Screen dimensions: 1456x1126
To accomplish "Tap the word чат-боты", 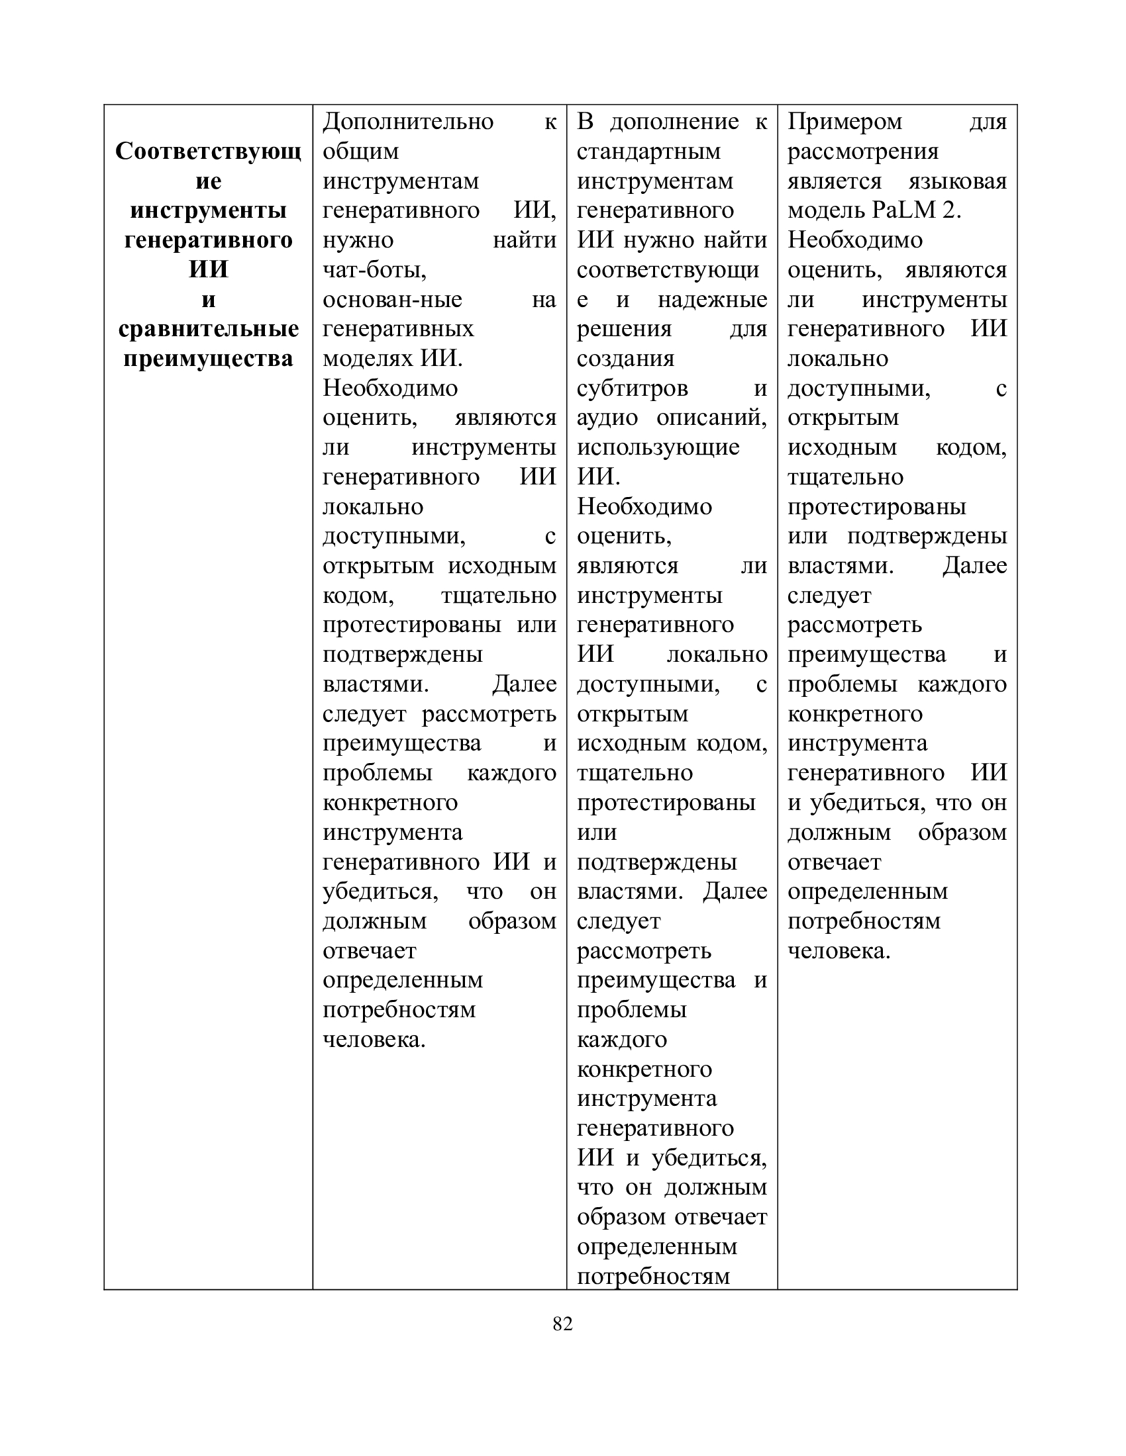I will [374, 270].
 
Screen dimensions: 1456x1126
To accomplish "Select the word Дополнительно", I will [407, 122].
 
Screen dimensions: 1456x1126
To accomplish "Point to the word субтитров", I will [632, 388].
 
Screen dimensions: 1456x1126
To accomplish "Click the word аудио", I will [607, 418].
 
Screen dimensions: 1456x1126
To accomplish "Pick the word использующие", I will [658, 447].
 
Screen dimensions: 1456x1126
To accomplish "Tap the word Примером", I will [844, 122].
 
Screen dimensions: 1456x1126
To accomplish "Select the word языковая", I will [957, 181].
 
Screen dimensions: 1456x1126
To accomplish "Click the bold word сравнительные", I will [208, 330].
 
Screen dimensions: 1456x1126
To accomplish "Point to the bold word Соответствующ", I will [208, 152].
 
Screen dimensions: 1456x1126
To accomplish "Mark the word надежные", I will [712, 300].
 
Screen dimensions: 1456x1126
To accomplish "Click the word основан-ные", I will [392, 300].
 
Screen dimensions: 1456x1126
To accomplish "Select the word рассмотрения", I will [862, 152].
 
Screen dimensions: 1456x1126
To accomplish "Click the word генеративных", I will [398, 330].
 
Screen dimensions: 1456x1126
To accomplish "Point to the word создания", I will [625, 359].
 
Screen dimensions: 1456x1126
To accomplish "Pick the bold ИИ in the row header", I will [208, 270].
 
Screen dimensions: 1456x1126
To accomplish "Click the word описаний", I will [711, 418].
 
